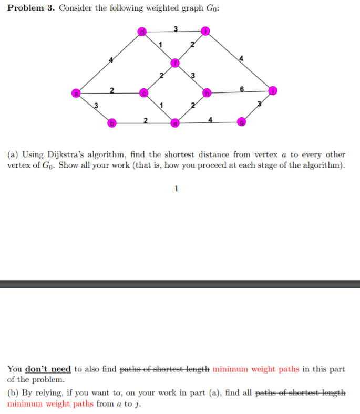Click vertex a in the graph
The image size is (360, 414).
[x=77, y=93]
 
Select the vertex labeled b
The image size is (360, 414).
[x=111, y=123]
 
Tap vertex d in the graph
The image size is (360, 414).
[x=141, y=32]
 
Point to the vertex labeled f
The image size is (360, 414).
[x=176, y=64]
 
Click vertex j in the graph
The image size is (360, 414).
[x=273, y=90]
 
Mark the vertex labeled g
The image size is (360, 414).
[x=241, y=122]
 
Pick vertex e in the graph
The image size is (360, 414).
[x=176, y=123]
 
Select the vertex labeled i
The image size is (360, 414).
[x=207, y=32]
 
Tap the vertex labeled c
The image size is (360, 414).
[x=143, y=94]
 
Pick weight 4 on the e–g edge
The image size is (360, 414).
[x=210, y=120]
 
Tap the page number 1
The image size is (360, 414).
[x=176, y=189]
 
